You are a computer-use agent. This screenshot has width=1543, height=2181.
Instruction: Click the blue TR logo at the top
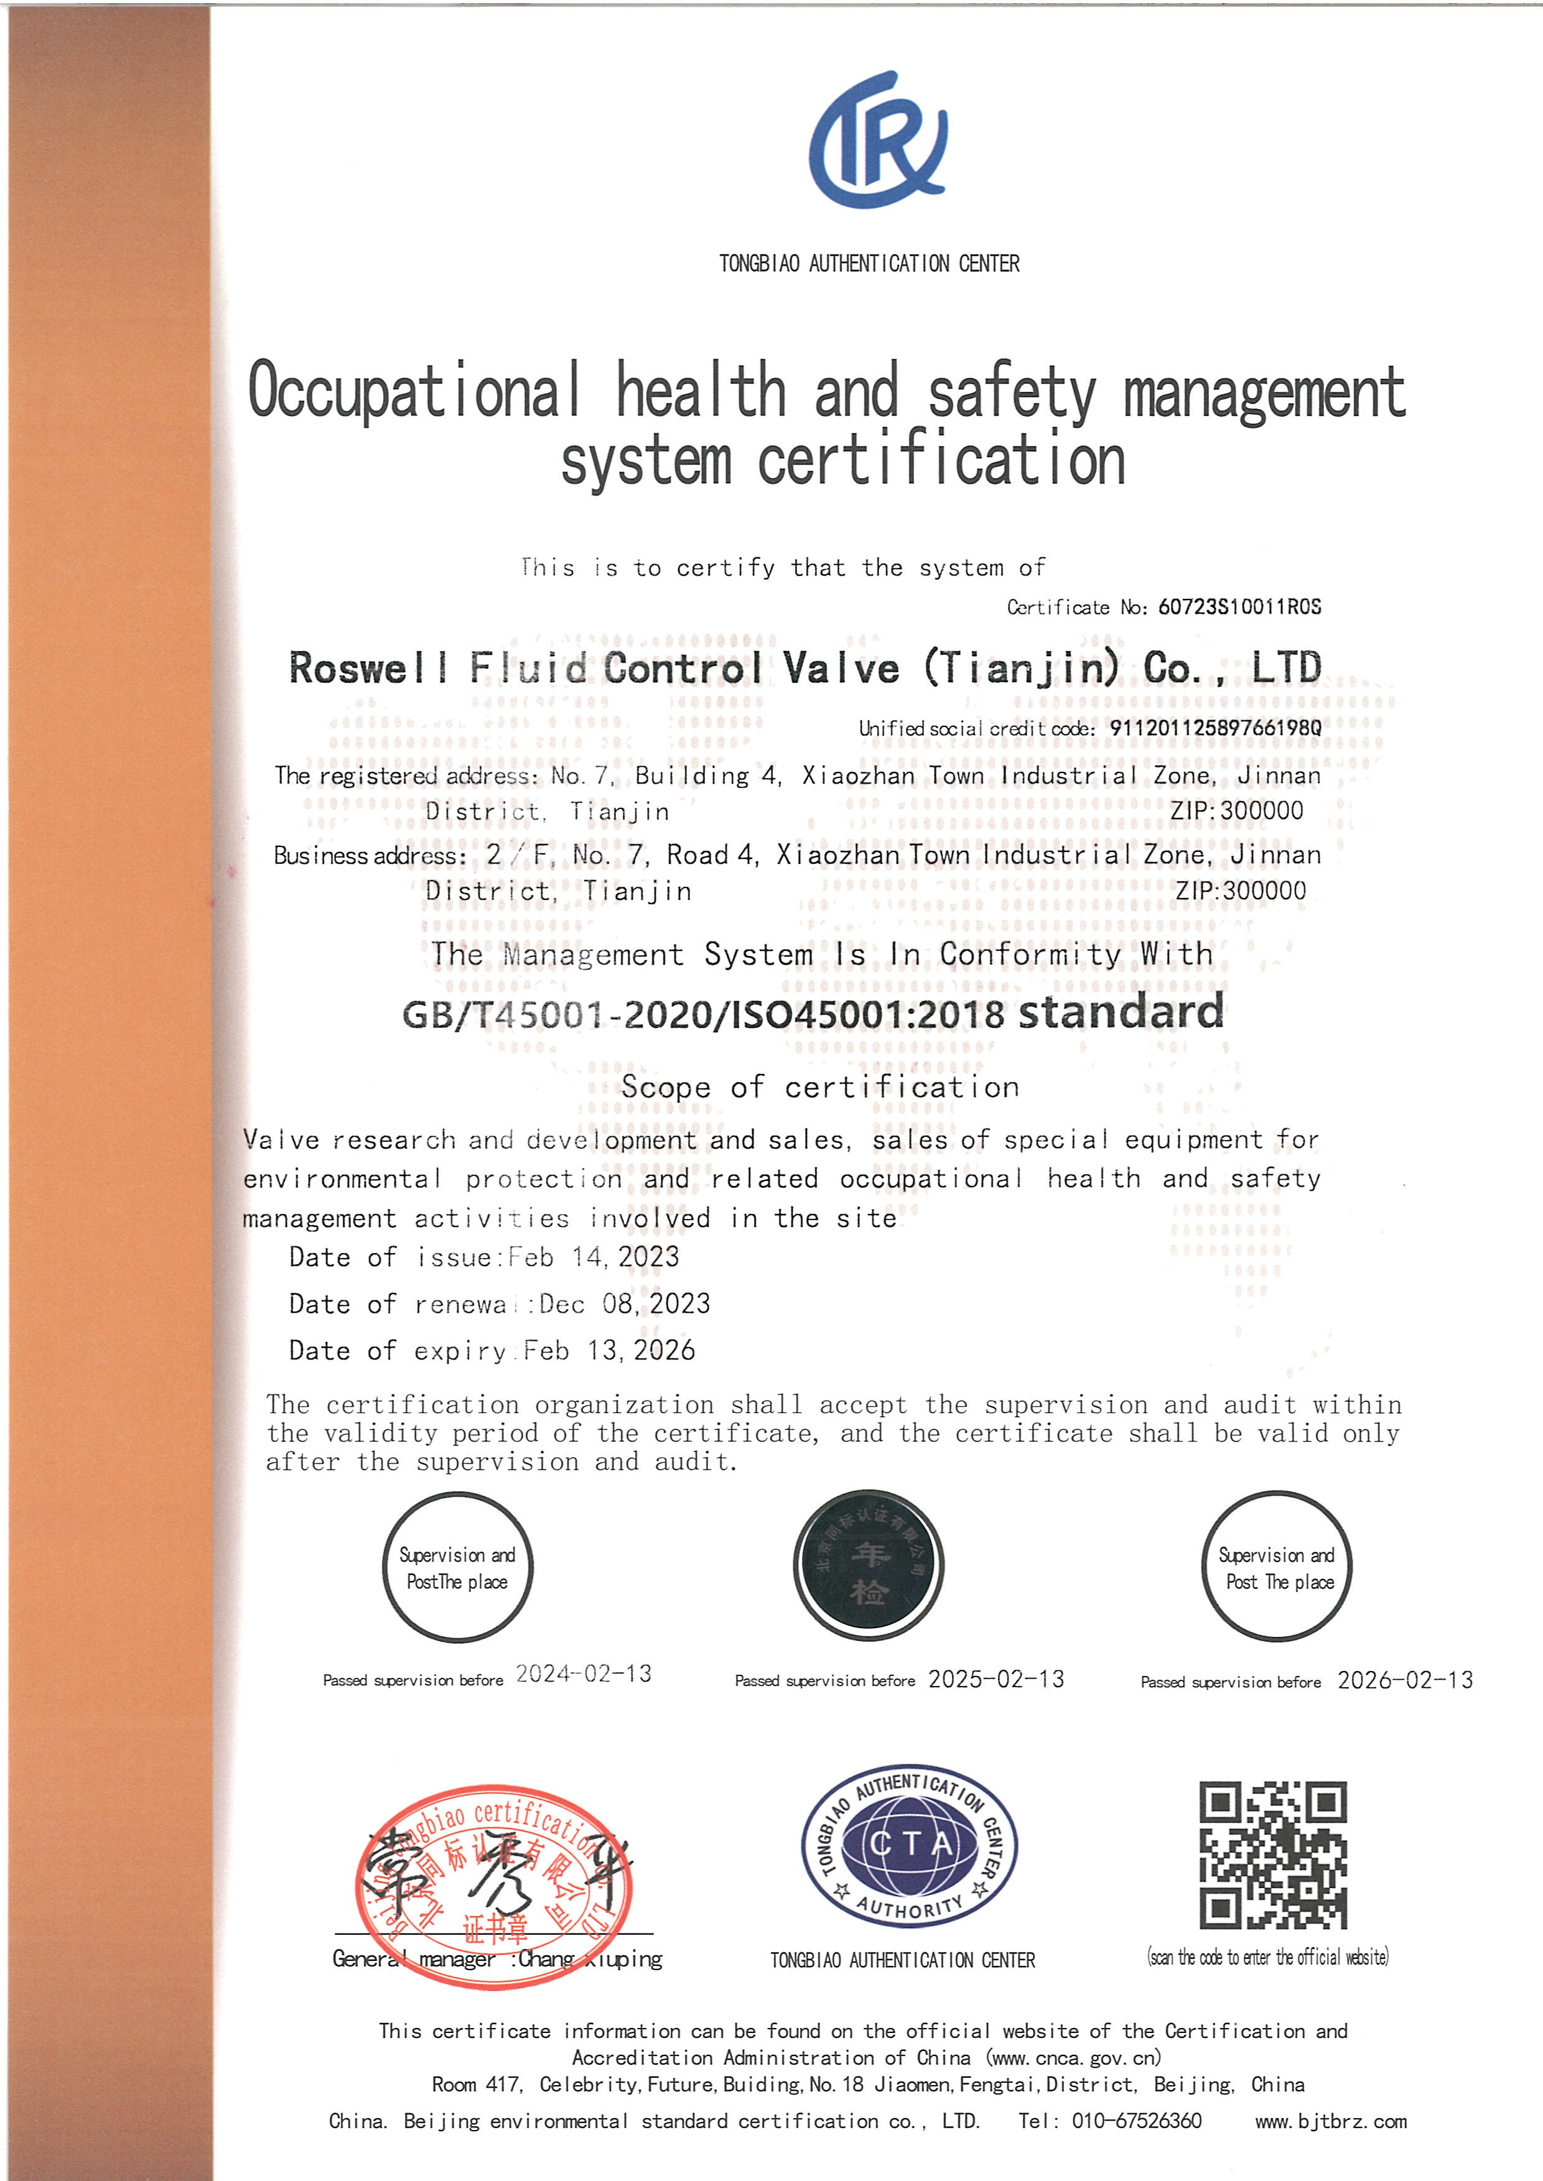[x=878, y=140]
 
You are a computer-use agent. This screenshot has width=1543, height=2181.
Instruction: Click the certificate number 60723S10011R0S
[x=1239, y=607]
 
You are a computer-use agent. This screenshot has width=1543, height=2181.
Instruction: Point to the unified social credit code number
[x=1215, y=728]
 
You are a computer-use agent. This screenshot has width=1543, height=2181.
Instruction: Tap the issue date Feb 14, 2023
[x=594, y=1257]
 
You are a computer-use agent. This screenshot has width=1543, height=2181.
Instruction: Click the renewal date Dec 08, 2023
[x=625, y=1304]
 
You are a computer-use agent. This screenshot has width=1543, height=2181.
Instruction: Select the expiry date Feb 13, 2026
[x=609, y=1351]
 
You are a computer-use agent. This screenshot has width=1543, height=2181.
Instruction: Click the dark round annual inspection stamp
[x=869, y=1565]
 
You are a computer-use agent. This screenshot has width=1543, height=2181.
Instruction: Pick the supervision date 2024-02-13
[x=584, y=1674]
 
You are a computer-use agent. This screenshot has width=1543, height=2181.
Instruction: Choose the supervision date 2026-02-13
[x=1405, y=1680]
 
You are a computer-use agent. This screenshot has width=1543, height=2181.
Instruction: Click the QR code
[x=1273, y=1855]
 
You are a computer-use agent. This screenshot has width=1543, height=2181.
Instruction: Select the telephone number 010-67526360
[x=1136, y=2121]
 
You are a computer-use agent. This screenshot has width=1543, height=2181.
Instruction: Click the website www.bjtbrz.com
[x=1330, y=2122]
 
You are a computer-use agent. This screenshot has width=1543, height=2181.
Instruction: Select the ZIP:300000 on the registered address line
[x=1236, y=811]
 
